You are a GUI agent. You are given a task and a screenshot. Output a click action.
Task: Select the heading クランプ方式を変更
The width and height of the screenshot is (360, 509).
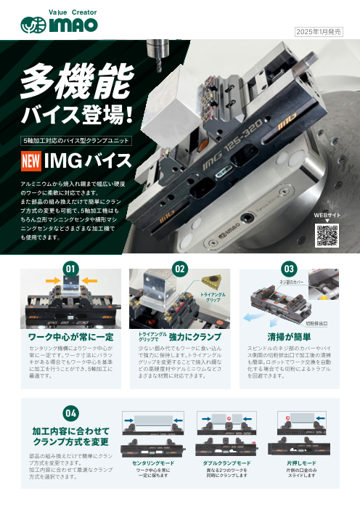pyautogui.click(x=70, y=441)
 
